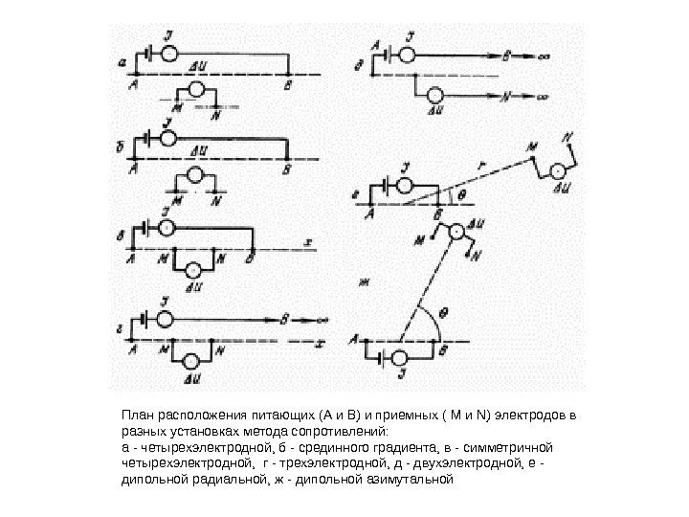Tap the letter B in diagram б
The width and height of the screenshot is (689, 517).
pyautogui.click(x=287, y=169)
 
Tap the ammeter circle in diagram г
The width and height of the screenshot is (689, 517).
pyautogui.click(x=167, y=318)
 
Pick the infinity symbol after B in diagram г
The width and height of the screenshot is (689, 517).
pyautogui.click(x=322, y=319)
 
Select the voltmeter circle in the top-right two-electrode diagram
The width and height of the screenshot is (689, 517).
pyautogui.click(x=436, y=96)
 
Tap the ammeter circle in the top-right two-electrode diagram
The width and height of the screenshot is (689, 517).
pyautogui.click(x=409, y=55)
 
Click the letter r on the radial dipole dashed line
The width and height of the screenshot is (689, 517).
pyautogui.click(x=480, y=167)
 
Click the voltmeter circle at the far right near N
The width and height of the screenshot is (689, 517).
pyautogui.click(x=554, y=169)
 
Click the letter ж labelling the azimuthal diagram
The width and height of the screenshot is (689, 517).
pyautogui.click(x=363, y=281)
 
